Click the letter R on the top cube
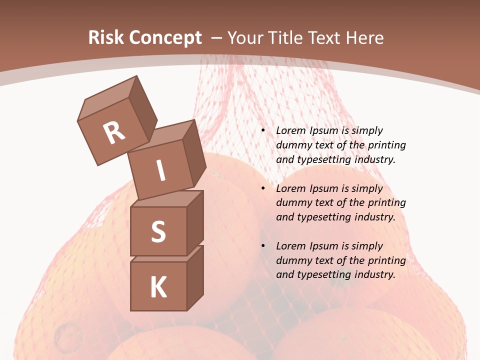tap(114, 132)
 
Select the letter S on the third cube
tap(158, 231)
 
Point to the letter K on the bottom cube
tap(158, 287)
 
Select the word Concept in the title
tap(165, 37)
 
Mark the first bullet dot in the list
tap(263, 131)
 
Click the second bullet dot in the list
tap(263, 189)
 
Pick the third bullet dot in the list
tap(263, 246)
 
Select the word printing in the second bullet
tap(386, 202)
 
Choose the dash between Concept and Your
tap(217, 38)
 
